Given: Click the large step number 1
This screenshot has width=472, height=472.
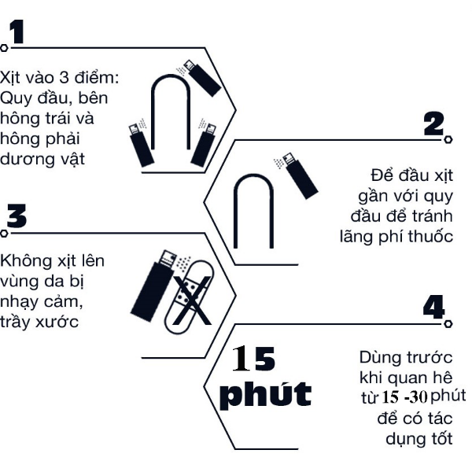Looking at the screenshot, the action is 17,32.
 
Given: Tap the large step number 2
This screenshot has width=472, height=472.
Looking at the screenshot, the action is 433,124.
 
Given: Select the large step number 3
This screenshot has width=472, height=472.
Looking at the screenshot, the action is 17,216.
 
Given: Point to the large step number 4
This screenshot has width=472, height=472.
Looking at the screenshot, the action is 433,307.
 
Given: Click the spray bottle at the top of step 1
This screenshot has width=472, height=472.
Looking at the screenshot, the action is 202,78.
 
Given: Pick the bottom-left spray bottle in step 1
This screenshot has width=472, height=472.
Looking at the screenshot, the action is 141,145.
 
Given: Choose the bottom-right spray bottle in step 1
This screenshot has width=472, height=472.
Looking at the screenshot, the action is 204,144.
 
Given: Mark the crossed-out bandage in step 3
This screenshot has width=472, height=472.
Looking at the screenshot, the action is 190,297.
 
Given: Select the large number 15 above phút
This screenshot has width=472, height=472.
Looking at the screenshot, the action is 253,358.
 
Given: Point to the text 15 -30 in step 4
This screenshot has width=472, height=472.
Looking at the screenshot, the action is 405,397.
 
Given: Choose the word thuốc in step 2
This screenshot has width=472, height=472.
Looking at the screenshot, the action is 431,237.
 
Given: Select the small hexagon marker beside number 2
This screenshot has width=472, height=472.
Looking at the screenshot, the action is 448,139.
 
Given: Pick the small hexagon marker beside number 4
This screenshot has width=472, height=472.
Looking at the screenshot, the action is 448,323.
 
